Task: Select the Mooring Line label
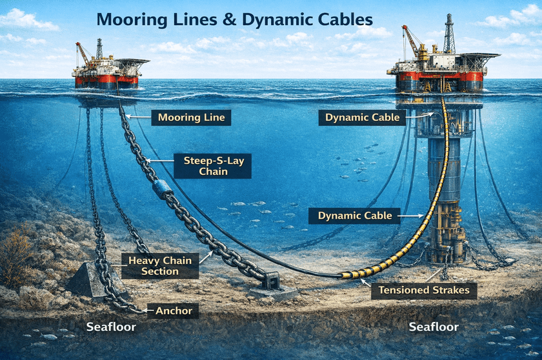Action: click(x=182, y=117)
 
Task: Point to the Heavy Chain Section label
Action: click(x=159, y=266)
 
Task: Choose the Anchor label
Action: click(x=174, y=311)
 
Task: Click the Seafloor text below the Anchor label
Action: click(x=111, y=327)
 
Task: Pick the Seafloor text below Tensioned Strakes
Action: click(x=434, y=327)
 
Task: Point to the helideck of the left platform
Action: click(x=134, y=61)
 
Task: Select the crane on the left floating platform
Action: click(x=83, y=54)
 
